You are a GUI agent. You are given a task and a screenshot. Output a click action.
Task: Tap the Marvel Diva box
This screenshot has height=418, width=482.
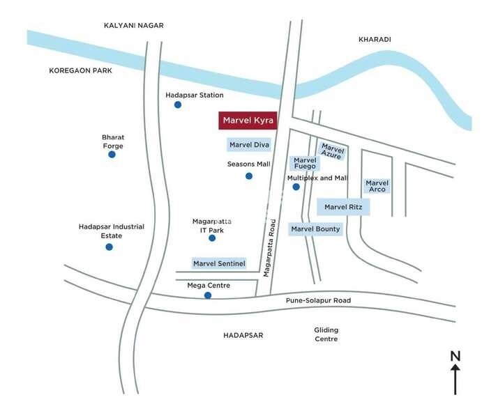[x=249, y=145]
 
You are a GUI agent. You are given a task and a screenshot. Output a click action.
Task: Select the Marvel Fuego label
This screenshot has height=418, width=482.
[x=305, y=163]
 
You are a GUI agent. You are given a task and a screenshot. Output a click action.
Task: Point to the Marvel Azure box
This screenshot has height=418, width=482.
[x=332, y=150]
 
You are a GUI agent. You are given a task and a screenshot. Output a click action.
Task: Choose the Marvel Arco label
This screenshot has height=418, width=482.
[x=377, y=186]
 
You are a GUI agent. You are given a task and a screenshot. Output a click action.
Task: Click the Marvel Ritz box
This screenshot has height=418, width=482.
[x=343, y=207]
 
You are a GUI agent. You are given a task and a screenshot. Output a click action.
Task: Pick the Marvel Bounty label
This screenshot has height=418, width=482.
[x=315, y=229]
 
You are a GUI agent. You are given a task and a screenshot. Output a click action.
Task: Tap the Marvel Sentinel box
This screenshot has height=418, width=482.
[x=219, y=263]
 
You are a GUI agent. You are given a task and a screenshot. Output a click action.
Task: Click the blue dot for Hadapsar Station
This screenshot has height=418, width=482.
[x=178, y=104]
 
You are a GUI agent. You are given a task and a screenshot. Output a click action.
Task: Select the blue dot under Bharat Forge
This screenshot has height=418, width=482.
[x=112, y=154]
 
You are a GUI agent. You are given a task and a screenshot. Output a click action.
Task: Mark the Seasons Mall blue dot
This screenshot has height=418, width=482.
[x=249, y=176]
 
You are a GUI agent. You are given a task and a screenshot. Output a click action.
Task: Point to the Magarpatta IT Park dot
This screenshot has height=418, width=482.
[x=212, y=238]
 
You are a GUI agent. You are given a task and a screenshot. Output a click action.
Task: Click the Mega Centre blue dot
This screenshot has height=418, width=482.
[x=208, y=295]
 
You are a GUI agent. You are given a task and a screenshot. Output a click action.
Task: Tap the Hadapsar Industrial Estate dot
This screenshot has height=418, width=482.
[x=109, y=247]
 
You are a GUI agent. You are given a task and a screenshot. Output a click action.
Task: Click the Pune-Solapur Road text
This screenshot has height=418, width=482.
[x=318, y=301]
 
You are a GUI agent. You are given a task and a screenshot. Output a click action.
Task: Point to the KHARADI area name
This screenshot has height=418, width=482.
[x=375, y=40]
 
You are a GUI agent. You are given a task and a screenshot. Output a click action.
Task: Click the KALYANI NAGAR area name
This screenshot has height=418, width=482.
[x=133, y=26]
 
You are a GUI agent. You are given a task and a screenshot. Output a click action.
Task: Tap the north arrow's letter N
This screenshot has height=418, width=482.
[x=455, y=356]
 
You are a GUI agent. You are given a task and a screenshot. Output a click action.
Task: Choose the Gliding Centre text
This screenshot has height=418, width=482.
[x=326, y=334]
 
